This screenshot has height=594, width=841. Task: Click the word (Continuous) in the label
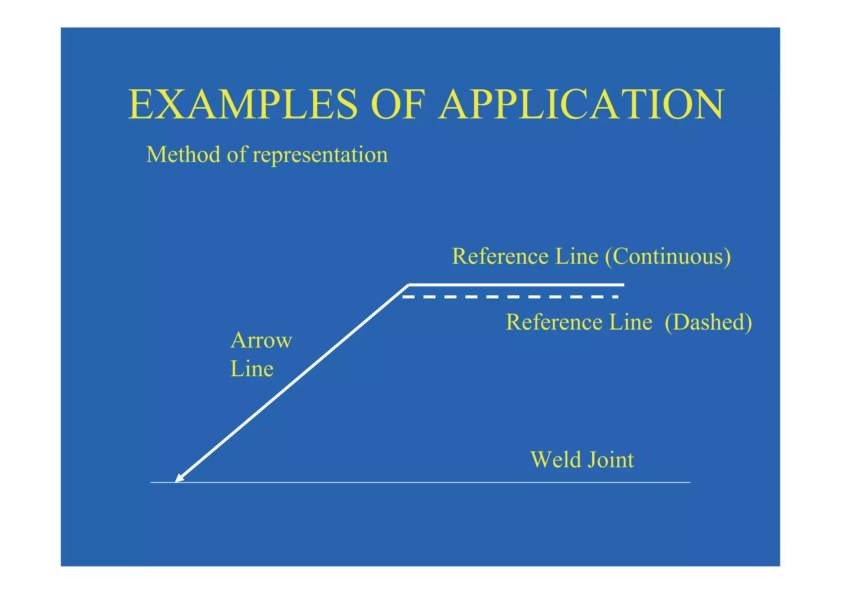pyautogui.click(x=668, y=256)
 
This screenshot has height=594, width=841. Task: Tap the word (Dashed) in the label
pyautogui.click(x=708, y=322)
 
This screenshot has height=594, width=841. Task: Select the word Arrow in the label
pyautogui.click(x=261, y=340)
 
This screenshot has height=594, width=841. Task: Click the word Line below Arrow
pyautogui.click(x=252, y=368)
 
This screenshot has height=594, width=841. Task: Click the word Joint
pyautogui.click(x=611, y=460)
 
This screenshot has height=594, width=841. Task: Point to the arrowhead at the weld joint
pyautogui.click(x=179, y=478)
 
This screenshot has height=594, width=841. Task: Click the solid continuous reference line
pyautogui.click(x=516, y=284)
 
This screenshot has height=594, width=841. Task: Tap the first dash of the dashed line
pyautogui.click(x=407, y=297)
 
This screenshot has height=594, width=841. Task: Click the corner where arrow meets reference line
pyautogui.click(x=409, y=284)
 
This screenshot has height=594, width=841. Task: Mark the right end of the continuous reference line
pyautogui.click(x=624, y=284)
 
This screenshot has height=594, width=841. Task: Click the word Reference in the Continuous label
pyautogui.click(x=500, y=256)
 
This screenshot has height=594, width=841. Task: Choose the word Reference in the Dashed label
pyautogui.click(x=554, y=322)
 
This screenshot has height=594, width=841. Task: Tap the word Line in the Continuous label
pyautogui.click(x=577, y=256)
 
